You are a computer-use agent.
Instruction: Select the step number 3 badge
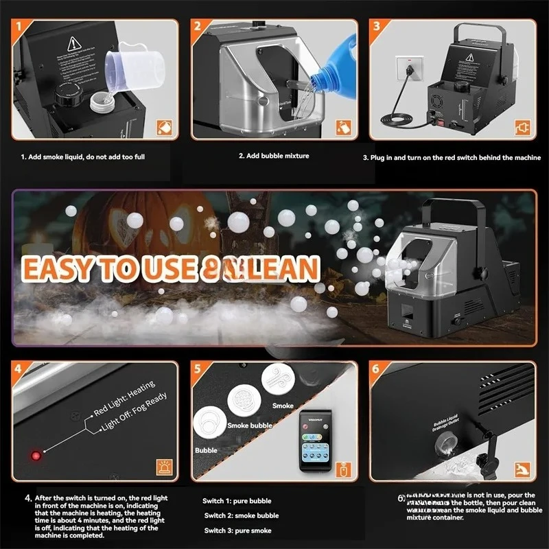tap(377, 27)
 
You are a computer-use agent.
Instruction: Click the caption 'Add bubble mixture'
tap(274, 156)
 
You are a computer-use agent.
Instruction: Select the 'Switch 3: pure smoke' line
tap(237, 530)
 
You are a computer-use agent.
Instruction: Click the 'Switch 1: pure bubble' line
tap(237, 501)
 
